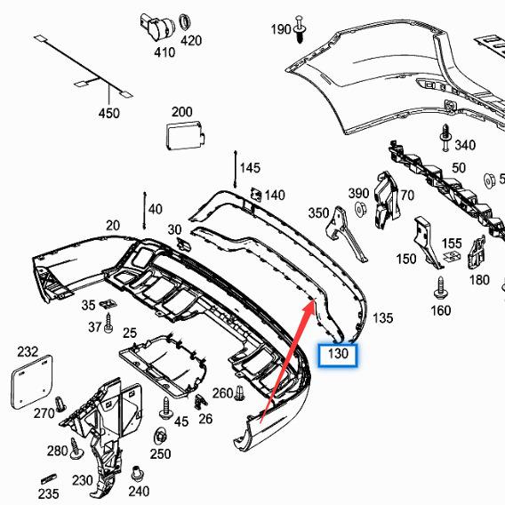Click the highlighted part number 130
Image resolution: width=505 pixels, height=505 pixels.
pos(339,356)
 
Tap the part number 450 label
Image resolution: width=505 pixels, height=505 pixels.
pos(108,114)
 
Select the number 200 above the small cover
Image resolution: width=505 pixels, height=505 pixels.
pos(181,112)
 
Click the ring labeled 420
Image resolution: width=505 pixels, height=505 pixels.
pos(186,21)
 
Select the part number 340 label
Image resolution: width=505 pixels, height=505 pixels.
pos(464,145)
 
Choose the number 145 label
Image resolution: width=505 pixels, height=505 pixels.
pos(250,167)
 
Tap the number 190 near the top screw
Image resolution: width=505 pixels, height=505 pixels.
pos(280,29)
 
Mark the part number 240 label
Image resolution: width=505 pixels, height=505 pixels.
pos(139,490)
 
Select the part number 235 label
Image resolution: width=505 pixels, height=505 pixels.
pos(49,493)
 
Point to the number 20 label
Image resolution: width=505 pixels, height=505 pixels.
pos(113,226)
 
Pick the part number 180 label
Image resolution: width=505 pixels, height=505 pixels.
pos(479,280)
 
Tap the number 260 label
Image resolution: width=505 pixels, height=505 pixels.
pos(222,393)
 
